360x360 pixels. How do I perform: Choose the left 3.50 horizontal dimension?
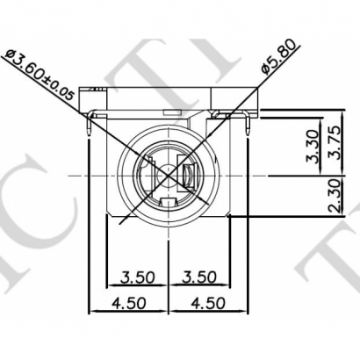pos(138,277)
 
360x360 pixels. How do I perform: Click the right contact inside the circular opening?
pos(187,175)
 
